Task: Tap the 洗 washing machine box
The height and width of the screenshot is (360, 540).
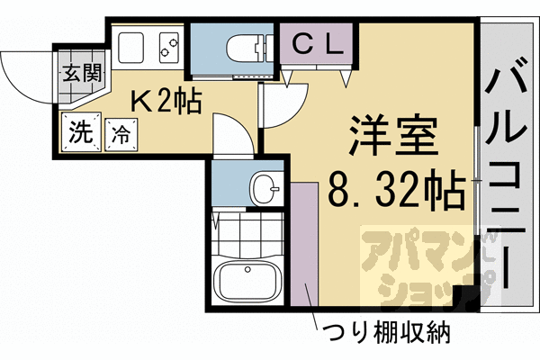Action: [80, 133]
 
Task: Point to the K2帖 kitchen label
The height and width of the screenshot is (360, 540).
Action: [166, 102]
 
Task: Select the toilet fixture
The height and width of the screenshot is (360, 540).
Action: [244, 47]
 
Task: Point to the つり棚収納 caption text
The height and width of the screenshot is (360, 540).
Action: [387, 333]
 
